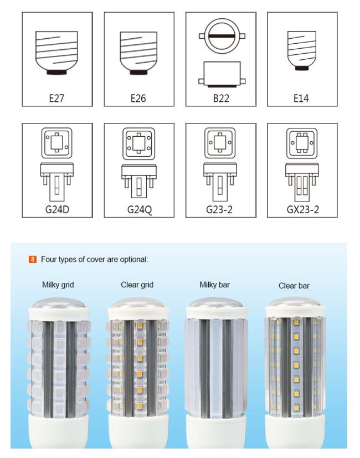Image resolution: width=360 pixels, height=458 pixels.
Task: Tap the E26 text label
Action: coord(138,99)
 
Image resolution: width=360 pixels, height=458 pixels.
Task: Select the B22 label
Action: coord(220,99)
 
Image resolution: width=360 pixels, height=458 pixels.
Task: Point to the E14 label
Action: coord(301,99)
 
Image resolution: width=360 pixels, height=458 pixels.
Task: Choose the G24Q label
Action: coord(138,210)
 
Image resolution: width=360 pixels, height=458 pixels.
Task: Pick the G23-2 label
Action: coord(220,210)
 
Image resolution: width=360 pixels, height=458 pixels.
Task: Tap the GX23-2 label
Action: coord(301,210)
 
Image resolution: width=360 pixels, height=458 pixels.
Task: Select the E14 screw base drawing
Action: coord(301,51)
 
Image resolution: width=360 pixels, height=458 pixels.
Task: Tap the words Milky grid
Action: coord(58,285)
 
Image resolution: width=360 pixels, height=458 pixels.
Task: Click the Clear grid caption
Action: coord(137,285)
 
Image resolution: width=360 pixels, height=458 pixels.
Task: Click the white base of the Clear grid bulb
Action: coord(137,435)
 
